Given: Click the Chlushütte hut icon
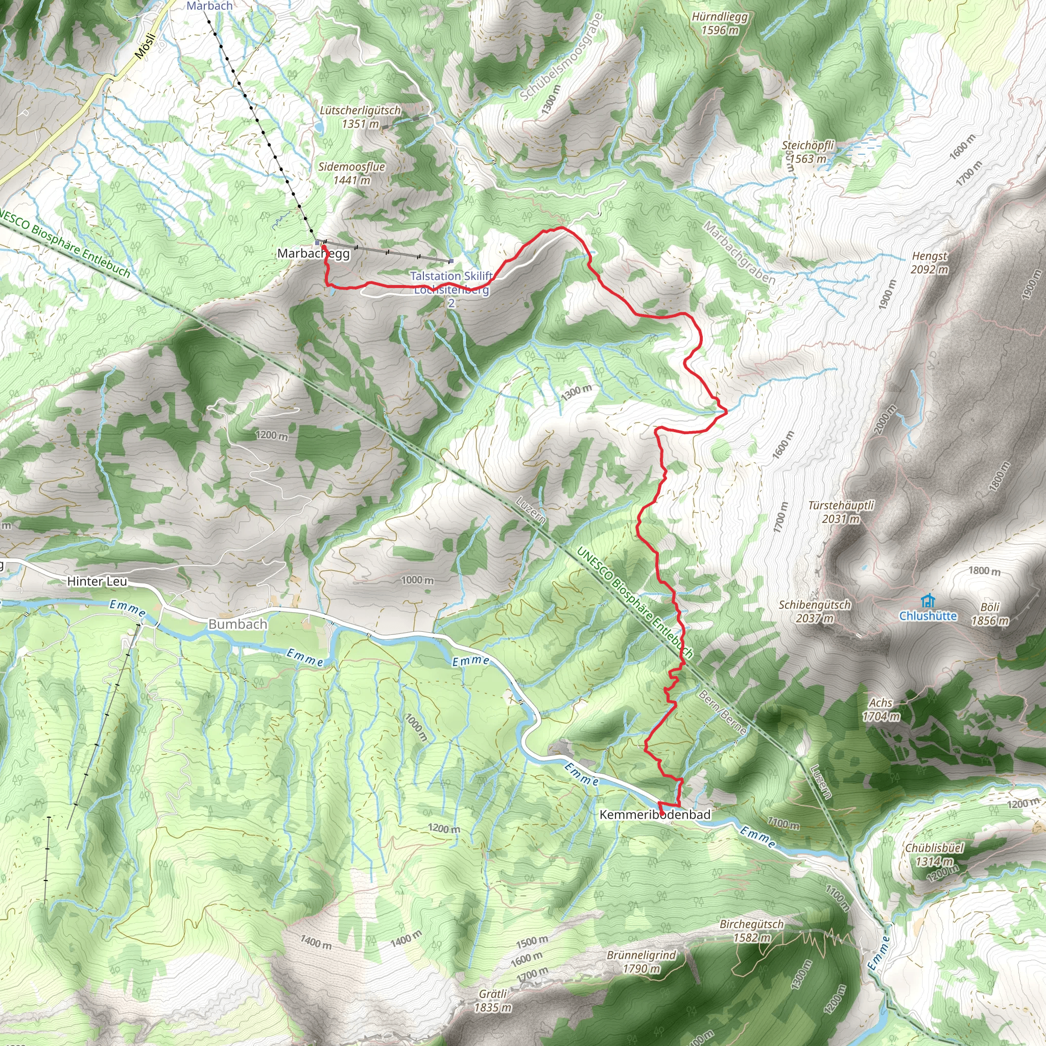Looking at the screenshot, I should (928, 601).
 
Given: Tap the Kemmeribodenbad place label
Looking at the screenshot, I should (655, 814).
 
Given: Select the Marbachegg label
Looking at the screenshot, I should (313, 253).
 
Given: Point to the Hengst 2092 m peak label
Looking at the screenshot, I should (930, 263).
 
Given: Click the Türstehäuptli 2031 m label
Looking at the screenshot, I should (841, 512).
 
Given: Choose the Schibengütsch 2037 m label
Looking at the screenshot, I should (814, 611).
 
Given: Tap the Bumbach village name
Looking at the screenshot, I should (237, 624).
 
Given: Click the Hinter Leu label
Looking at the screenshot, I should (97, 581).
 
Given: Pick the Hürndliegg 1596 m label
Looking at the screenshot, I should (720, 23).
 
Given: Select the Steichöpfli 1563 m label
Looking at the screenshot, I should (808, 152).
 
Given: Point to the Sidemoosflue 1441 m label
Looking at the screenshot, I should (351, 173).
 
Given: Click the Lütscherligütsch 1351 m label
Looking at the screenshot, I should (360, 117).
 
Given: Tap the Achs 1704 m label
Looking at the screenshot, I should (881, 709).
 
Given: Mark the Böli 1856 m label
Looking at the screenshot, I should (990, 614).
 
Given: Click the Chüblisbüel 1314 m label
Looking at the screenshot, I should (935, 854).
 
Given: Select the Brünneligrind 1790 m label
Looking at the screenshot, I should (641, 962).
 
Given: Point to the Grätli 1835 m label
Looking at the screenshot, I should (493, 1001).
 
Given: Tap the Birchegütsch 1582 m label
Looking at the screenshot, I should (751, 931).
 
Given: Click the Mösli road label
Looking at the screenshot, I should (145, 46).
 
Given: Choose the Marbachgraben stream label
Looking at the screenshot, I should (739, 253).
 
